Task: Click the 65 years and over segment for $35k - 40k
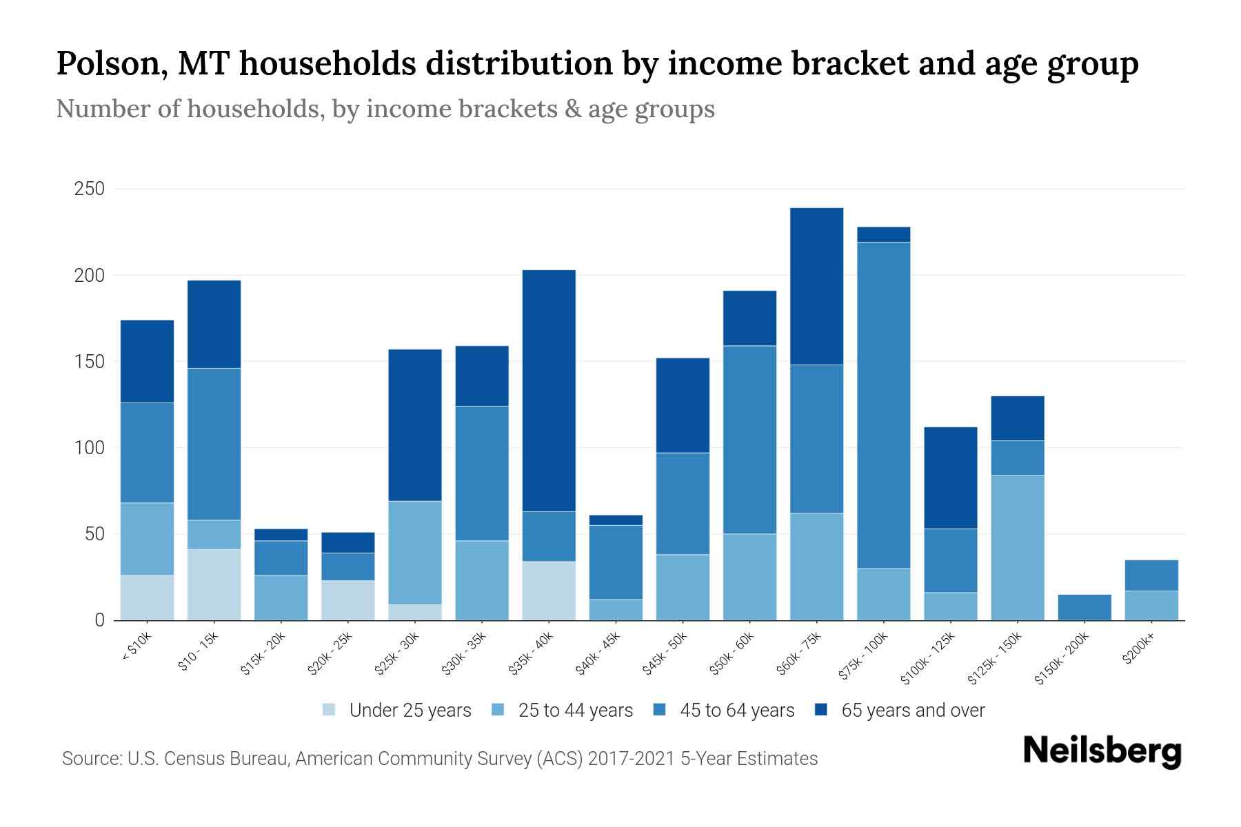pos(549,390)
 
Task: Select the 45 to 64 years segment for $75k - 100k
pos(883,405)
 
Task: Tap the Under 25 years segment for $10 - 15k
pos(214,584)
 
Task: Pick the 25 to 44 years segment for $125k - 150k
pos(1017,547)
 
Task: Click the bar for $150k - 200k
pos(1084,607)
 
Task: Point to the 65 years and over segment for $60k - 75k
pos(816,286)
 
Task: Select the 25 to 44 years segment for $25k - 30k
pos(415,553)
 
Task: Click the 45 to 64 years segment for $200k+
pos(1151,575)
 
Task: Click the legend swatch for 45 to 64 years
pos(659,710)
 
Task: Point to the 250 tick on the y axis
pos(89,189)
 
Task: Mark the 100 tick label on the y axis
pos(89,448)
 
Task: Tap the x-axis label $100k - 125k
pos(929,657)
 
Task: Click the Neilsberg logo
pos(1102,751)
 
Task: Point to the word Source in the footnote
pos(90,759)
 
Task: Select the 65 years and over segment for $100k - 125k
pos(950,478)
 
